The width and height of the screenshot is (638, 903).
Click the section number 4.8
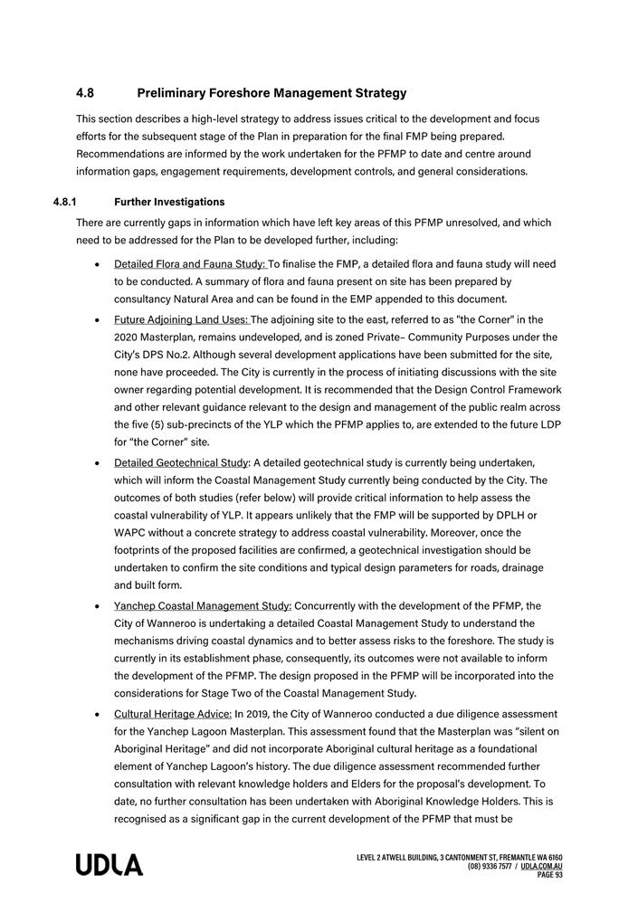[x=85, y=93]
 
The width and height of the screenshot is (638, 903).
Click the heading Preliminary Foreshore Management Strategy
[x=271, y=93]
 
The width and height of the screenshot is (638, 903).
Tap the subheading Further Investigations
[x=169, y=202]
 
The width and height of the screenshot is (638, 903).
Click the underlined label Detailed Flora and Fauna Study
[x=190, y=264]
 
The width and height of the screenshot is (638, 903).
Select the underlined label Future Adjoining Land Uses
[x=181, y=319]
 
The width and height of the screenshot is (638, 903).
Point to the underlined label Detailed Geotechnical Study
[x=181, y=463]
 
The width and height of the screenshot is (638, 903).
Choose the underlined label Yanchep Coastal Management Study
[x=203, y=606]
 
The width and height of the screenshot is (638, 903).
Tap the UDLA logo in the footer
[x=109, y=866]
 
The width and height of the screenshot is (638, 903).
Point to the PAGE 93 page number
[x=549, y=875]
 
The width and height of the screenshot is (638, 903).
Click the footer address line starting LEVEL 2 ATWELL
[x=460, y=858]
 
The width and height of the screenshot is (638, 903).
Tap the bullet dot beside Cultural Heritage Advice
[x=97, y=715]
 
